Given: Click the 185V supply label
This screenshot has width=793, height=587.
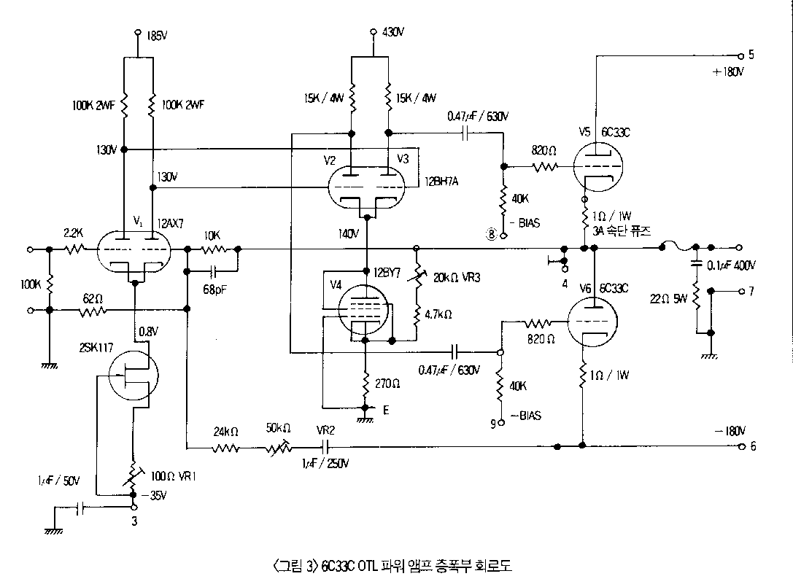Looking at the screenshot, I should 157,34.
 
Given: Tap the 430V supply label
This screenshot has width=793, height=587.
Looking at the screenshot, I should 393,33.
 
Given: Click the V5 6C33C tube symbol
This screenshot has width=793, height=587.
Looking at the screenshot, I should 596,165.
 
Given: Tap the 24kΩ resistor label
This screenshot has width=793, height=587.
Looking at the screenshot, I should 226,431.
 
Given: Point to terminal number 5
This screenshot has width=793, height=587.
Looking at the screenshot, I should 751,55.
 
